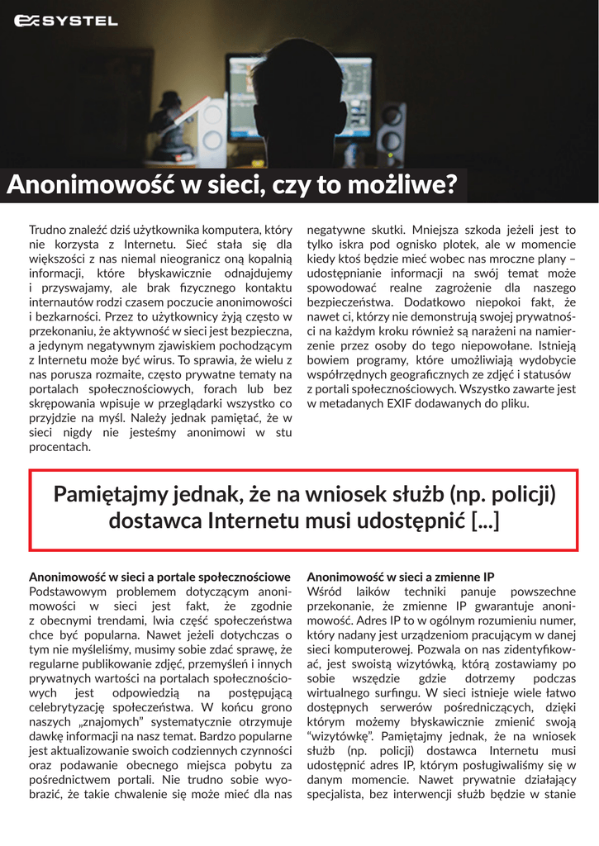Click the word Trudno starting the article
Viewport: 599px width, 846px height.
(x=50, y=230)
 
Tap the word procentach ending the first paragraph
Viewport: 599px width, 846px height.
(x=59, y=447)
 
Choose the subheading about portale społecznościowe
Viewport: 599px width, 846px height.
(x=159, y=576)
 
